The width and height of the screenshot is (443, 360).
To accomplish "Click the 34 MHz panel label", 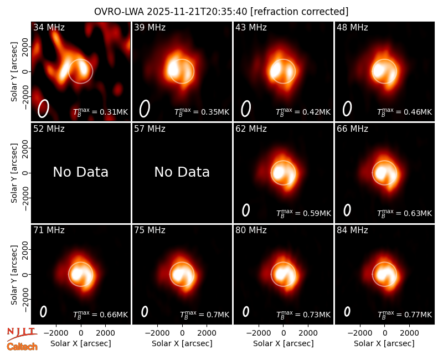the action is (x=49, y=27).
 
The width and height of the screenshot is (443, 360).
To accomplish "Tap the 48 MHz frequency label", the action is (x=352, y=27).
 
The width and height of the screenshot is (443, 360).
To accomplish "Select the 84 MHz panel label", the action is (x=352, y=230).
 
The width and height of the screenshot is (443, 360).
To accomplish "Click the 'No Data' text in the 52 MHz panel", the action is (x=80, y=172).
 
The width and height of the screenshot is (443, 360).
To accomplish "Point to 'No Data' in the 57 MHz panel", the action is (x=182, y=172).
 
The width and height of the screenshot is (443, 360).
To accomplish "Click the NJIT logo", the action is (x=22, y=333).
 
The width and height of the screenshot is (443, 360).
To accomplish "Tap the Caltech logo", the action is (x=22, y=347).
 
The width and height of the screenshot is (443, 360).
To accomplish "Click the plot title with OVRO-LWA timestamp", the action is (x=221, y=12).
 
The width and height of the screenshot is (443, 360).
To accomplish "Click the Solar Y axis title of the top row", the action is (x=14, y=72).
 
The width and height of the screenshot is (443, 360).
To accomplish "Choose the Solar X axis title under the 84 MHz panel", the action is (x=384, y=343).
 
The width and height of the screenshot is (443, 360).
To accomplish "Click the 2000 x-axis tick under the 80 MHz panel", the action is (x=308, y=333).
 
